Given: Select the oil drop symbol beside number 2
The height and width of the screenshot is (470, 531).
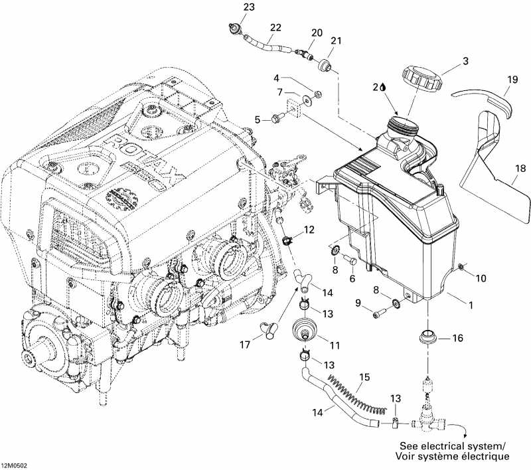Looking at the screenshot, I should tap(384, 87).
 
